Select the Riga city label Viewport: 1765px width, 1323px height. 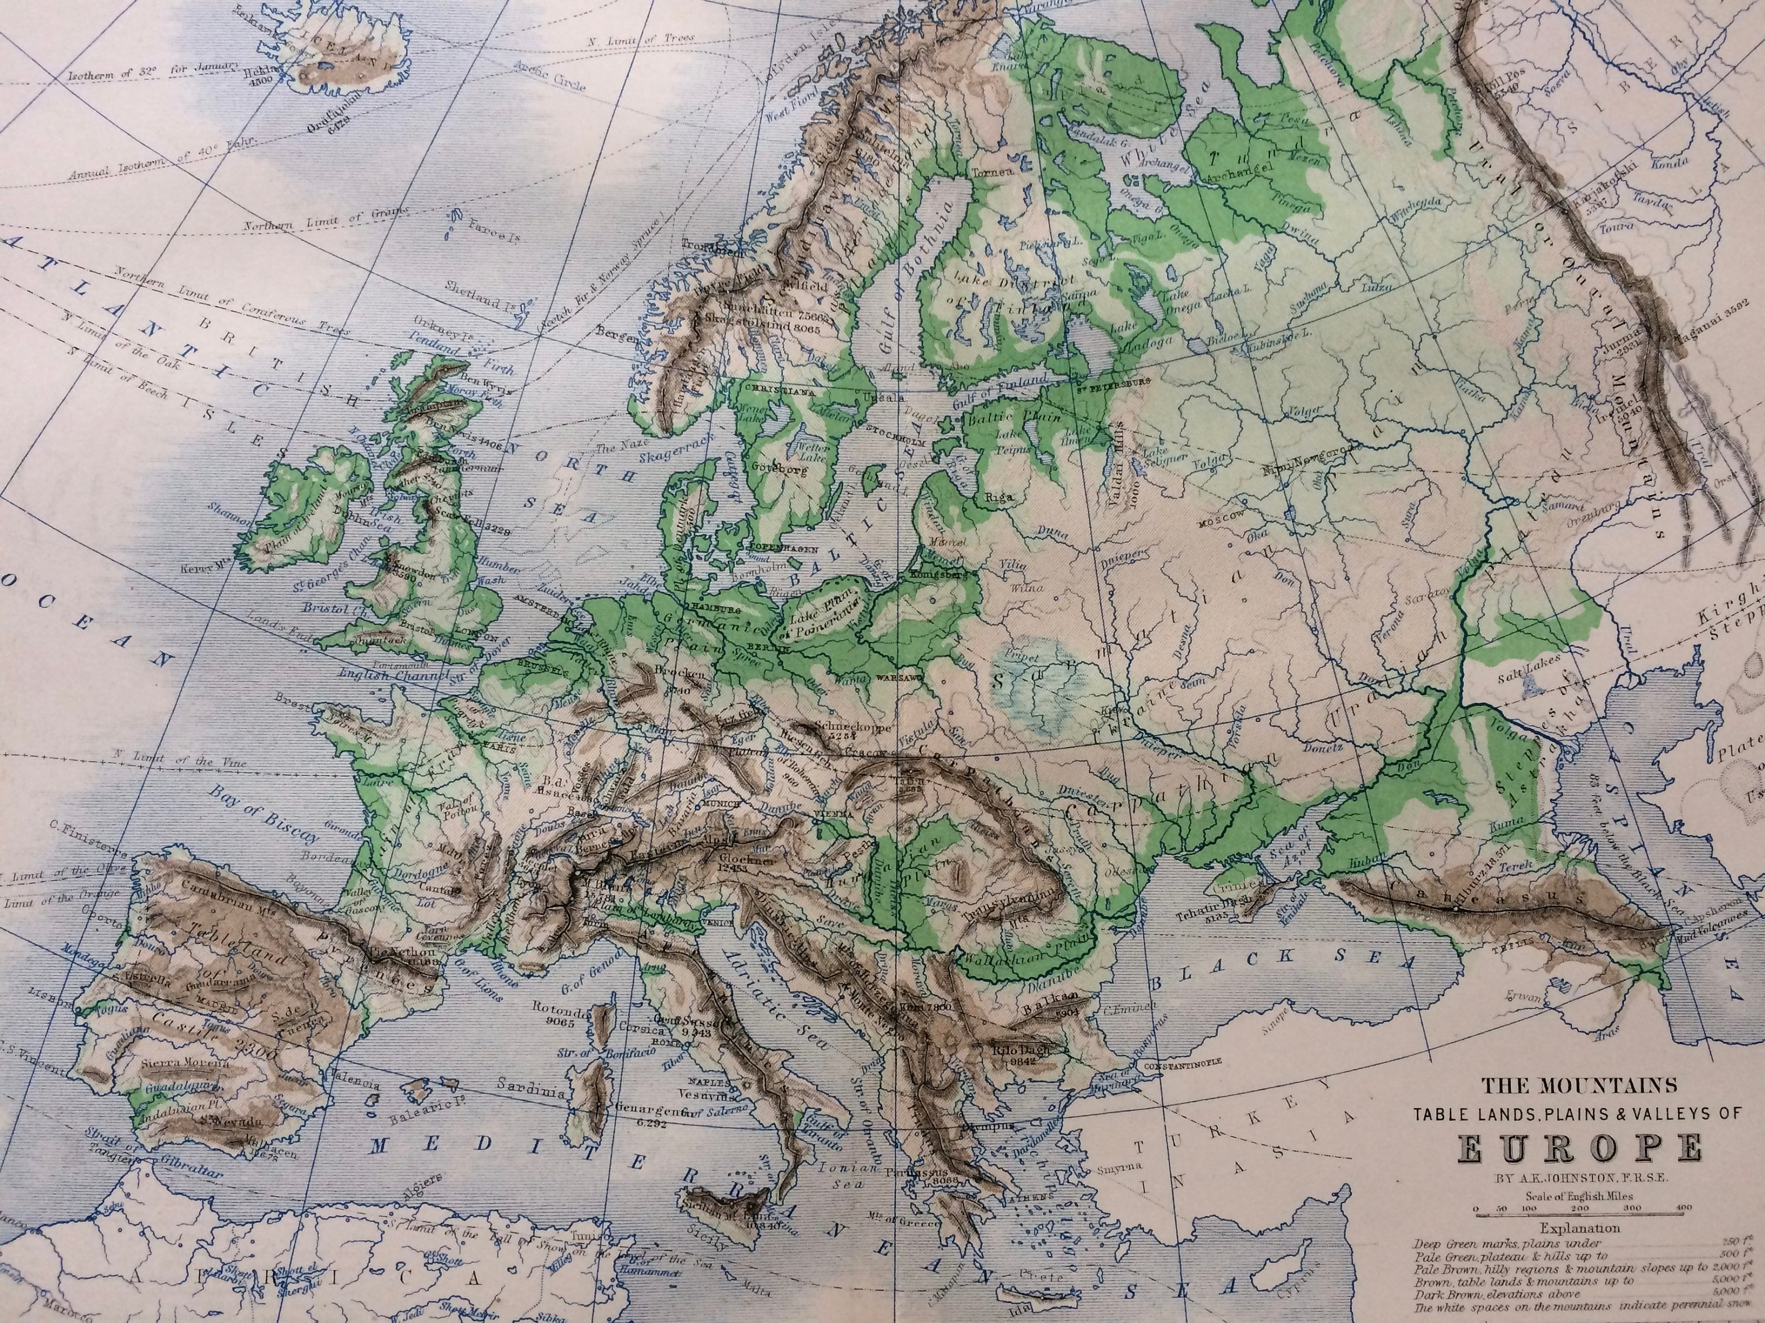point(999,496)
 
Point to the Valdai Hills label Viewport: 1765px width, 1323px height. point(1121,456)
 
